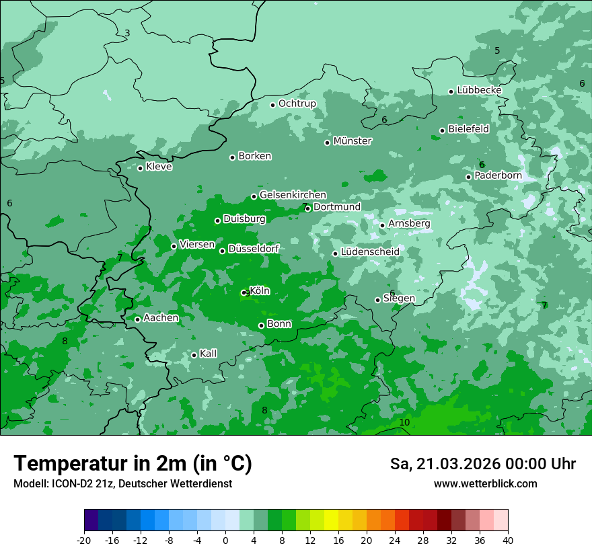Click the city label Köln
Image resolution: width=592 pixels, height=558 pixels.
point(260,291)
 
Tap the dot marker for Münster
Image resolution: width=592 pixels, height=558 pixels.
point(328,143)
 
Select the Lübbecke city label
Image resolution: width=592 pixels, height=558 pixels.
point(479,90)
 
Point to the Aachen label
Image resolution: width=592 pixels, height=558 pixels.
point(161,318)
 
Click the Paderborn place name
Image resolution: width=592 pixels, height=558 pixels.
point(498,175)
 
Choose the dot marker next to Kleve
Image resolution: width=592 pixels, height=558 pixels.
point(140,168)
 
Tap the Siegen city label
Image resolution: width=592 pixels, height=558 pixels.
point(399,298)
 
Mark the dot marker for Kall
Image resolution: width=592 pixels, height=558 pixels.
point(194,355)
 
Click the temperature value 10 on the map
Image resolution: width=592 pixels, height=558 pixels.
point(404,422)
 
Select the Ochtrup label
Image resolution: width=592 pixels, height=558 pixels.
point(297,104)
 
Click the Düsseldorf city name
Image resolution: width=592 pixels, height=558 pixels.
point(253,249)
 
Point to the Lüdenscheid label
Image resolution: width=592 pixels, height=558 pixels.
point(370,252)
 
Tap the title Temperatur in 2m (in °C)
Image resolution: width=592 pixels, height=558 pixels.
point(133,463)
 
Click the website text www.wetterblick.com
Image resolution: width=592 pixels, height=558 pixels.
point(485,484)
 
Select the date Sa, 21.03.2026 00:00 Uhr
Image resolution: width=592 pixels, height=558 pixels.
point(482,464)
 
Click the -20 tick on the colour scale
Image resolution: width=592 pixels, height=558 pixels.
point(84,540)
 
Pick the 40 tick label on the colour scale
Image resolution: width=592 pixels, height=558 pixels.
point(508,540)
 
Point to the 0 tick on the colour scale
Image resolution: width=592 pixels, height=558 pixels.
point(225,540)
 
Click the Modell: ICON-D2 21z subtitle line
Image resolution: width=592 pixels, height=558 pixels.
point(122,484)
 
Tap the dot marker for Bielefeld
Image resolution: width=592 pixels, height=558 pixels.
point(442,130)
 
